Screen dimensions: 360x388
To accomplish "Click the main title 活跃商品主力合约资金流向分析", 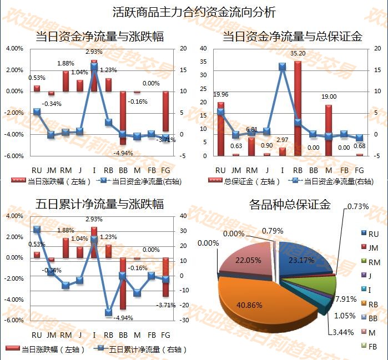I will pos(194,12).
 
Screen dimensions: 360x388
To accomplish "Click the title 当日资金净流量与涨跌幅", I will pos(99,37).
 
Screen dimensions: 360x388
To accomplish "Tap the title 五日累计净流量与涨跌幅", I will pos(99,204).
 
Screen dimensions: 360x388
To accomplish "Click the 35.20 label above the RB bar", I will pos(298,53).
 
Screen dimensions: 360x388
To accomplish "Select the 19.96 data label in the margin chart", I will pos(221,94).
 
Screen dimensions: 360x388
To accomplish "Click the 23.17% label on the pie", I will pos(301,260).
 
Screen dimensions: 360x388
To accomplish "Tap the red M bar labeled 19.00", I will pos(328,130).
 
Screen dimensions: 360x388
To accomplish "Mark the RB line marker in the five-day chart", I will pos(109,312).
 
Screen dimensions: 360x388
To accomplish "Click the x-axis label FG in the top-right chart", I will pos(359,169).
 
